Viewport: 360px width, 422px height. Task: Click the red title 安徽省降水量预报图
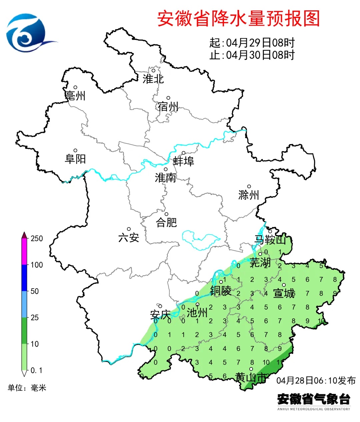[x=238, y=18]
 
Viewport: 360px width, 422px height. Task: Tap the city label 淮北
[x=153, y=79]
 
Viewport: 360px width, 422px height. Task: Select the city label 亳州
[x=75, y=96]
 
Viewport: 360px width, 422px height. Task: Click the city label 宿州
[x=168, y=107]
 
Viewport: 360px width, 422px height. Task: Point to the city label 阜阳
[x=75, y=159]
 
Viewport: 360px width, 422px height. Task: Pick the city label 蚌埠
[x=183, y=161]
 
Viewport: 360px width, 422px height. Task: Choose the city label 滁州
[x=249, y=195]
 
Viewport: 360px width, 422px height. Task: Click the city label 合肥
[x=166, y=223]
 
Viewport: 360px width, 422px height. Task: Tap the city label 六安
[x=129, y=238]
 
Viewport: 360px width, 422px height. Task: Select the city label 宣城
[x=284, y=294]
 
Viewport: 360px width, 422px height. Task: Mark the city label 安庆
[x=160, y=315]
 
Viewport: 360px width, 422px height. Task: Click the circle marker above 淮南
[x=165, y=169]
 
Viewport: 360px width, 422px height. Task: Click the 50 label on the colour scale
[x=35, y=291]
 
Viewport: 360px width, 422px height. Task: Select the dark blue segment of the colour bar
[x=24, y=278]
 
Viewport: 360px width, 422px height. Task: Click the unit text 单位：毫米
[x=27, y=388]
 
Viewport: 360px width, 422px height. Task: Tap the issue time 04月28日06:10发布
[x=316, y=381]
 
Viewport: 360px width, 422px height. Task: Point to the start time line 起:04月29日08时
[x=252, y=43]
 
